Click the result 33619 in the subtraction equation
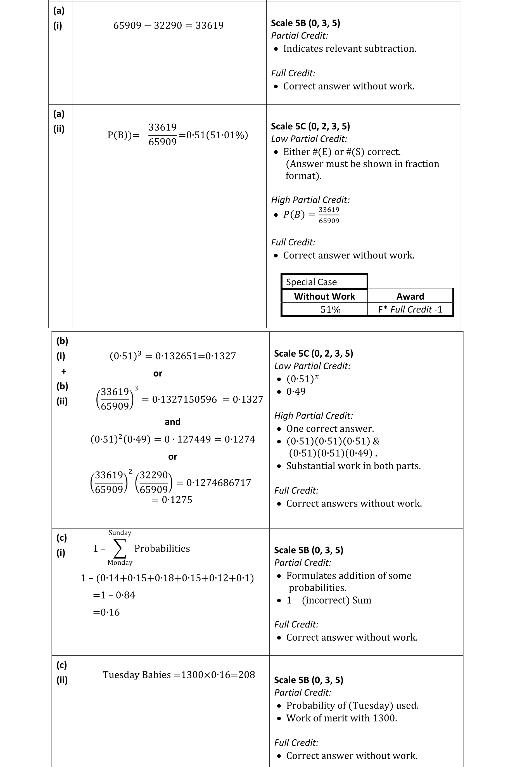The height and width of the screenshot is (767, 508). pyautogui.click(x=210, y=26)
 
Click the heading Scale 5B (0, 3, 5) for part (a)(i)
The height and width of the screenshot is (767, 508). pyautogui.click(x=305, y=23)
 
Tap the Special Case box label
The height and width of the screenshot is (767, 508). pyautogui.click(x=311, y=282)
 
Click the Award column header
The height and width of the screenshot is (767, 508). pyautogui.click(x=410, y=296)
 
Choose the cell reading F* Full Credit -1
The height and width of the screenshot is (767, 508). pyautogui.click(x=410, y=309)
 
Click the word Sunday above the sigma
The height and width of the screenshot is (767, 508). pyautogui.click(x=120, y=533)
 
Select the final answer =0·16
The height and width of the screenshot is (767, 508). pyautogui.click(x=106, y=612)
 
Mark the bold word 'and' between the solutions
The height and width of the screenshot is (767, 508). pyautogui.click(x=172, y=422)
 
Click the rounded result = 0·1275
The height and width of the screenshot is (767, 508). pyautogui.click(x=172, y=500)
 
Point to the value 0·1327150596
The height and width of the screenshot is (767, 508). pyautogui.click(x=185, y=399)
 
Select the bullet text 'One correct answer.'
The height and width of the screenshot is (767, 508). pyautogui.click(x=330, y=429)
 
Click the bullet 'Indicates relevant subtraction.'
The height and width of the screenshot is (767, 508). pyautogui.click(x=350, y=49)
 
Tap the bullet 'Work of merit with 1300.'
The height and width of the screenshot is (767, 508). pyautogui.click(x=341, y=718)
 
